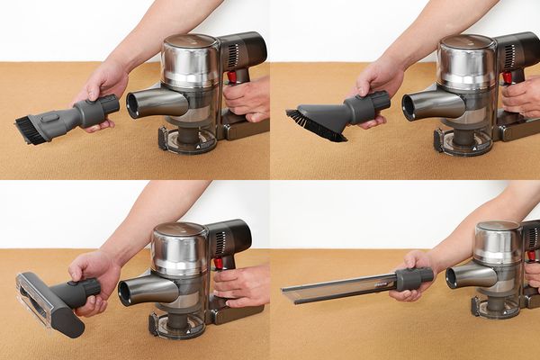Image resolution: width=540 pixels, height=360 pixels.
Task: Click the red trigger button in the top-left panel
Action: (231, 77)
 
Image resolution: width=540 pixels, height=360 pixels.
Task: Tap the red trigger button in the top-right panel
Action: (508, 77)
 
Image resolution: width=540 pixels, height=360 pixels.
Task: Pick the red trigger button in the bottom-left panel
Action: (218, 264)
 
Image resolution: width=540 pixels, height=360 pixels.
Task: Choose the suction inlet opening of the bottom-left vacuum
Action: (126, 291)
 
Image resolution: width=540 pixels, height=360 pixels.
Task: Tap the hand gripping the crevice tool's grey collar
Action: (416, 270)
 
